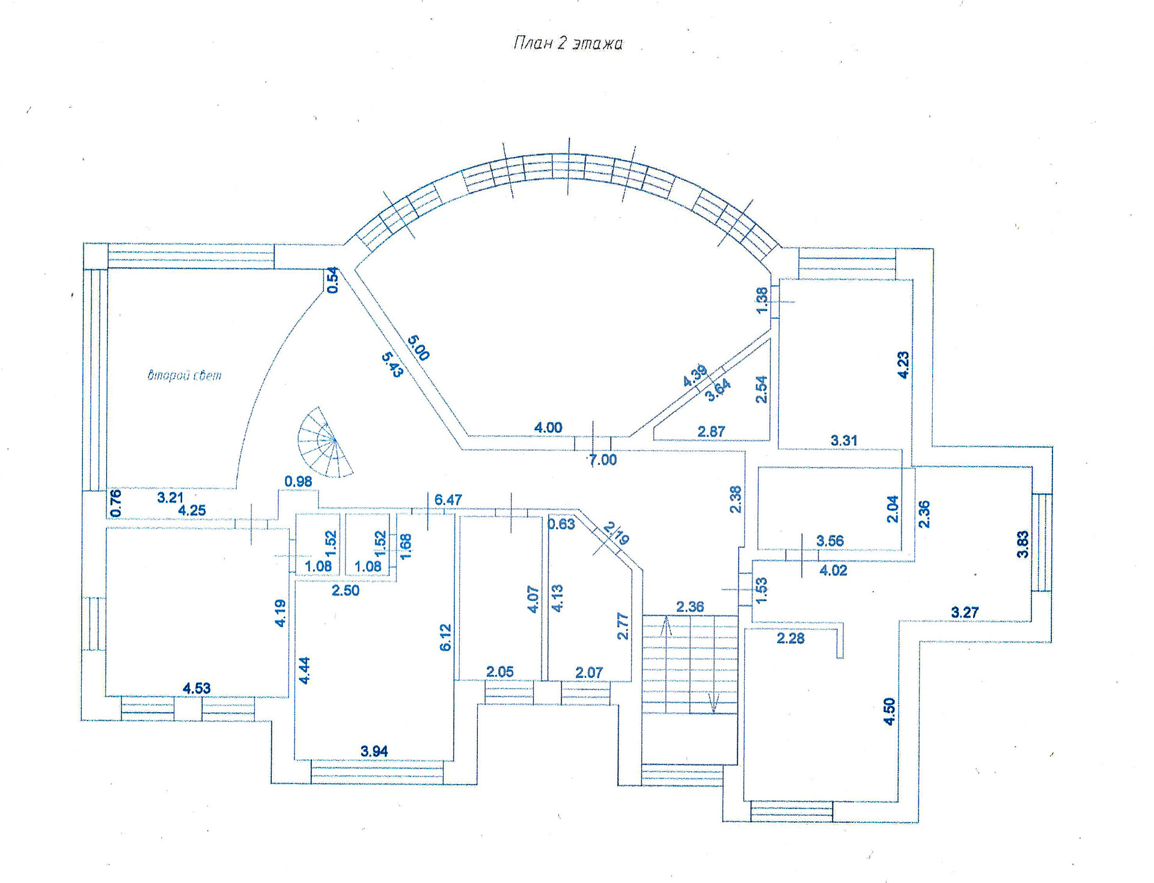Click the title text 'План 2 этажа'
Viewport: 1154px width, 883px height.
coord(568,43)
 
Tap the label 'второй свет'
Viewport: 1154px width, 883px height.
coord(185,375)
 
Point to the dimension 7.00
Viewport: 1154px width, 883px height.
coord(603,460)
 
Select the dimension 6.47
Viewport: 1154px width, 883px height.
coord(448,500)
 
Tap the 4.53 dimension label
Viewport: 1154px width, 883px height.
coord(197,688)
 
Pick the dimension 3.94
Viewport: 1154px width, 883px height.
coord(374,751)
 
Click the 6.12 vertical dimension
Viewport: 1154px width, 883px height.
coord(445,638)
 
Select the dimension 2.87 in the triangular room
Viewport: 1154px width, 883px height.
coord(711,431)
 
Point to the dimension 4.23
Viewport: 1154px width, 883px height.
coord(903,365)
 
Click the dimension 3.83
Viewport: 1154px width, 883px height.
coord(1022,544)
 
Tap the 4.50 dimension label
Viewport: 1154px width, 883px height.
coord(889,712)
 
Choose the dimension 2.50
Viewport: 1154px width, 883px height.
coord(346,591)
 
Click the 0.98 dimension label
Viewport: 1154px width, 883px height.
coord(298,481)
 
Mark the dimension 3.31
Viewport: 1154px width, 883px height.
coord(844,440)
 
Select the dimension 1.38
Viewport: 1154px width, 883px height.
coord(762,300)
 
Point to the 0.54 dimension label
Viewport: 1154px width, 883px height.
coord(332,281)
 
